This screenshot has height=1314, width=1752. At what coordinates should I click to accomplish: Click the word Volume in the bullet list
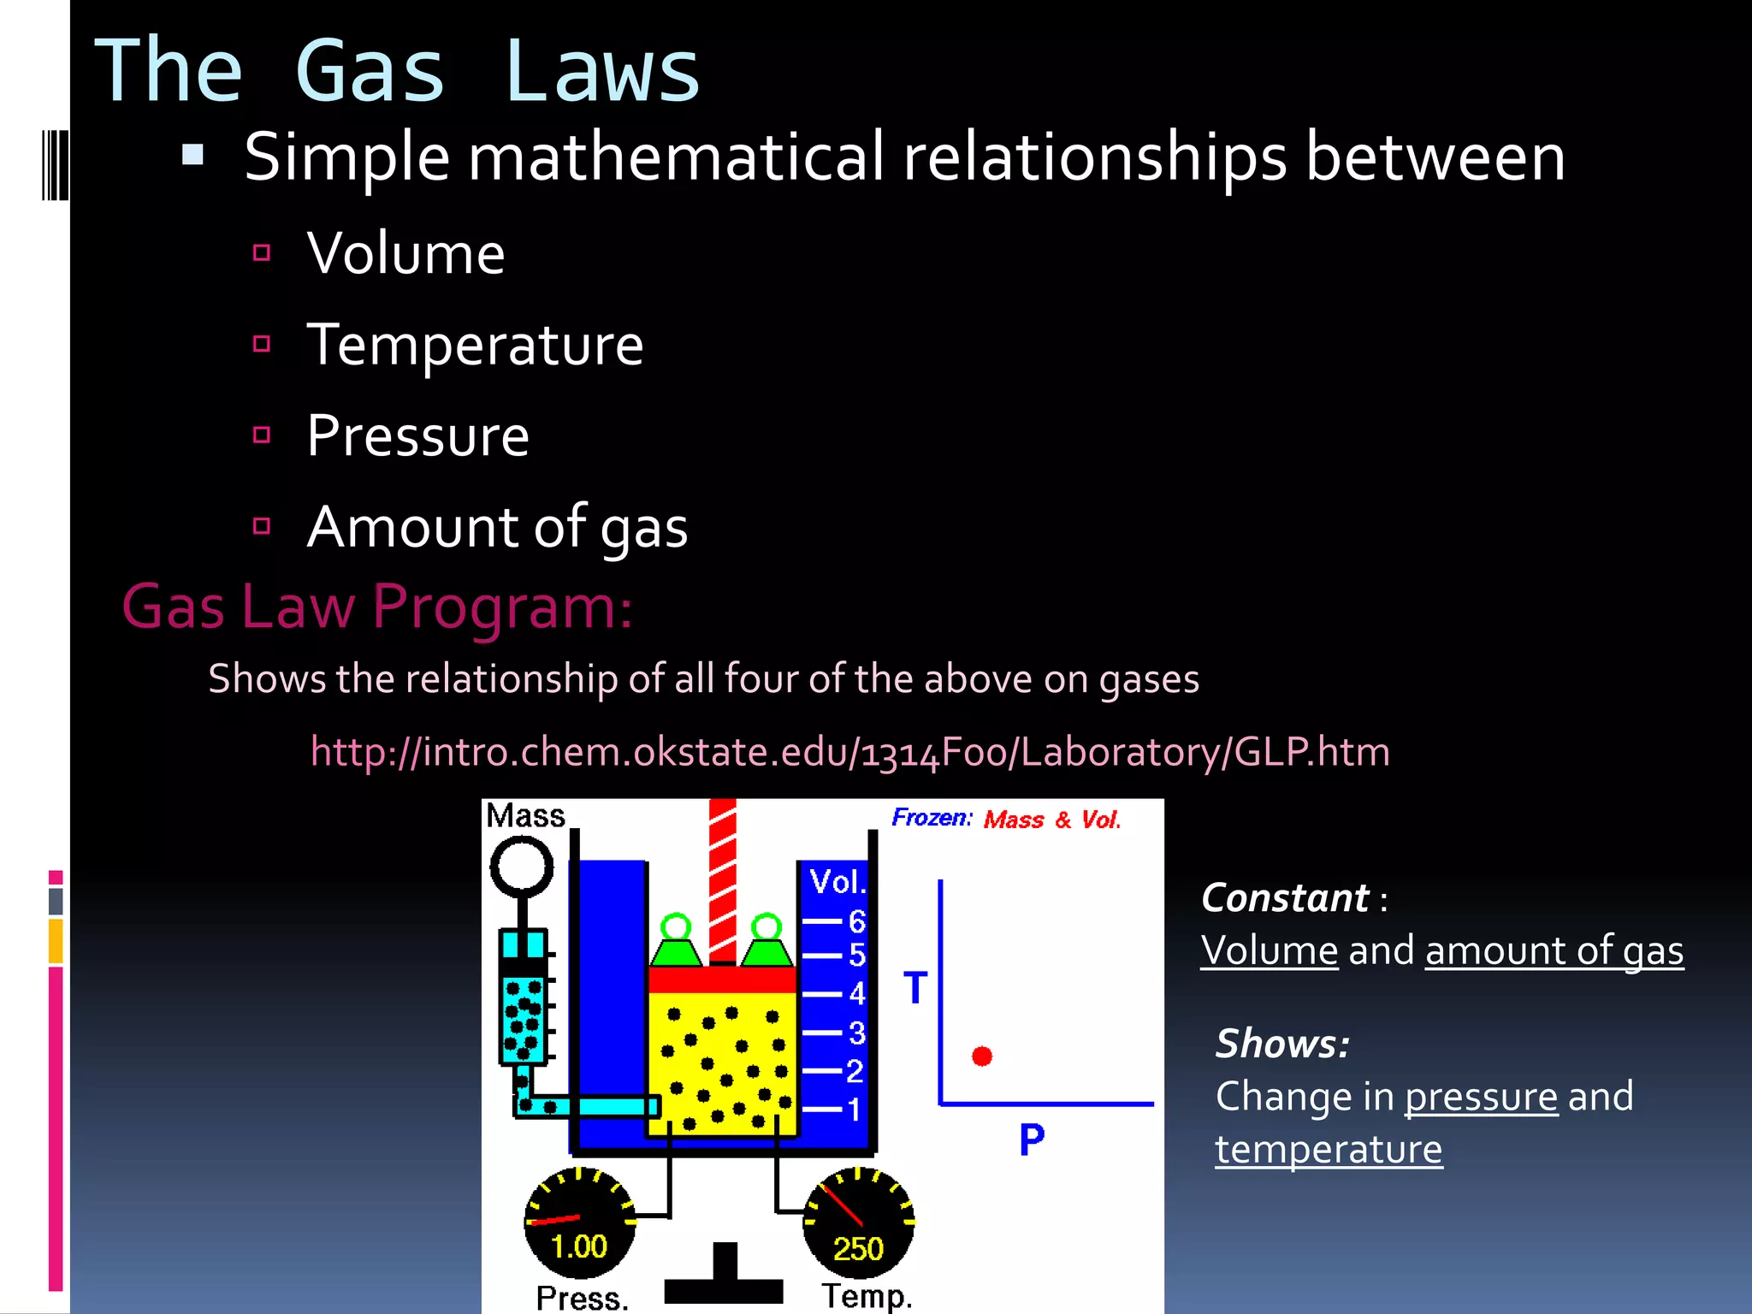pyautogui.click(x=405, y=253)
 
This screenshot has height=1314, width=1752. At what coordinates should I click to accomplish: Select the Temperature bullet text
pyautogui.click(x=475, y=345)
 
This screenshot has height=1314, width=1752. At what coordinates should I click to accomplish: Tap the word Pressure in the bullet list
pyautogui.click(x=417, y=436)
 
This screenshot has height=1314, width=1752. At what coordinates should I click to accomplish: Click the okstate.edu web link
pyautogui.click(x=849, y=752)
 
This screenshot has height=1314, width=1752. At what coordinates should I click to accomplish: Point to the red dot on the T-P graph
pyautogui.click(x=982, y=1057)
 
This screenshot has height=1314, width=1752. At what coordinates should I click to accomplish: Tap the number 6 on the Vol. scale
pyautogui.click(x=857, y=921)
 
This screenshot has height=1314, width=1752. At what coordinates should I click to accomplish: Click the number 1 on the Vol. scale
pyautogui.click(x=854, y=1110)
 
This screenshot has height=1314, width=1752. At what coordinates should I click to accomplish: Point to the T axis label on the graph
pyautogui.click(x=915, y=988)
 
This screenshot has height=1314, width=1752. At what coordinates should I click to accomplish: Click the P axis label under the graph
pyautogui.click(x=1032, y=1139)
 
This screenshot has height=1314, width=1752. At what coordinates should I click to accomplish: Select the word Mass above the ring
pyautogui.click(x=525, y=815)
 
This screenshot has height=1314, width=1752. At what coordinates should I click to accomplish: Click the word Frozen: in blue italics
pyautogui.click(x=932, y=818)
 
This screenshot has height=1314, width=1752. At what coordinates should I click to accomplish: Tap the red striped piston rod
pyautogui.click(x=723, y=881)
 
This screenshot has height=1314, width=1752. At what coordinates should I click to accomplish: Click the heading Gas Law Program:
pyautogui.click(x=377, y=607)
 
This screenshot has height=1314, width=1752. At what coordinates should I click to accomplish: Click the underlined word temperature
pyautogui.click(x=1329, y=1149)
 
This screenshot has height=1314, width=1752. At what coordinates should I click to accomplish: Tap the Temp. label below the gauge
pyautogui.click(x=867, y=1296)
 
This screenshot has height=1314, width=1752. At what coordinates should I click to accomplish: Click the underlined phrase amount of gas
pyautogui.click(x=1554, y=950)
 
